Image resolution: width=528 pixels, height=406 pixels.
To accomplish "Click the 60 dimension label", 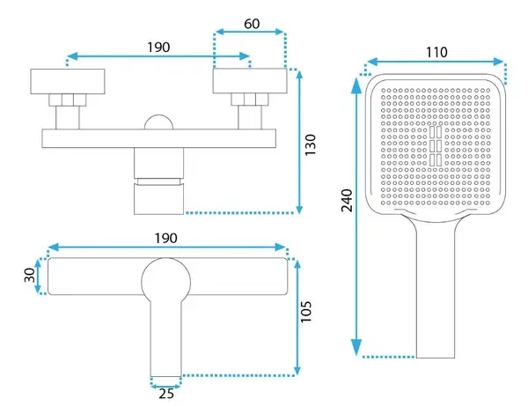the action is (252, 24).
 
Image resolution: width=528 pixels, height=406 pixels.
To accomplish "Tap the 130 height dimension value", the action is (311, 144).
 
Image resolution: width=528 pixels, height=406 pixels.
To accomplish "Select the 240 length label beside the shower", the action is (347, 200).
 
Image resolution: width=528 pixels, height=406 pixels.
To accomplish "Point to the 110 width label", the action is (436, 52).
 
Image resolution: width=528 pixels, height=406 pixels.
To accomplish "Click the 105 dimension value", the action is (305, 311).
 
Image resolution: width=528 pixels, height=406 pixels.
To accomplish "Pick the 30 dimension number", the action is (30, 275).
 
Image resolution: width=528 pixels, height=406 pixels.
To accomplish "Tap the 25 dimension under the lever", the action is (166, 393).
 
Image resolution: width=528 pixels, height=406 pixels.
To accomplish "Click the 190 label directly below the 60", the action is (158, 48).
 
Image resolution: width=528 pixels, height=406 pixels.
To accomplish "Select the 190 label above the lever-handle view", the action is (166, 238).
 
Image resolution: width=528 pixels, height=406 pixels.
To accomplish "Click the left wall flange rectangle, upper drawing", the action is (68, 82).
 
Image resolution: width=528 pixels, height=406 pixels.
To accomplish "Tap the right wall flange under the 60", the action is (250, 81).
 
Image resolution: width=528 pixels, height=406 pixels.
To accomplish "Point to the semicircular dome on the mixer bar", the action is (158, 122).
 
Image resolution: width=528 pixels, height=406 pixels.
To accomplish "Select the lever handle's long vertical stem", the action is (166, 338).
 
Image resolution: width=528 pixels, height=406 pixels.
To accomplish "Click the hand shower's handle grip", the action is (436, 290).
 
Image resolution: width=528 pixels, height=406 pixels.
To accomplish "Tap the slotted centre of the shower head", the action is (436, 146).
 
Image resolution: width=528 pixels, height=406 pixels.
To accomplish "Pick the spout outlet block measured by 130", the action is (159, 199).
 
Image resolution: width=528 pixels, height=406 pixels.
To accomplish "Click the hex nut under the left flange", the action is (68, 100).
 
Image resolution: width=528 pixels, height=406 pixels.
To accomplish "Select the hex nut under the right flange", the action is (250, 100).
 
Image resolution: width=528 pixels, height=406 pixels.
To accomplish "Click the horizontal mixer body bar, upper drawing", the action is (159, 138).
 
